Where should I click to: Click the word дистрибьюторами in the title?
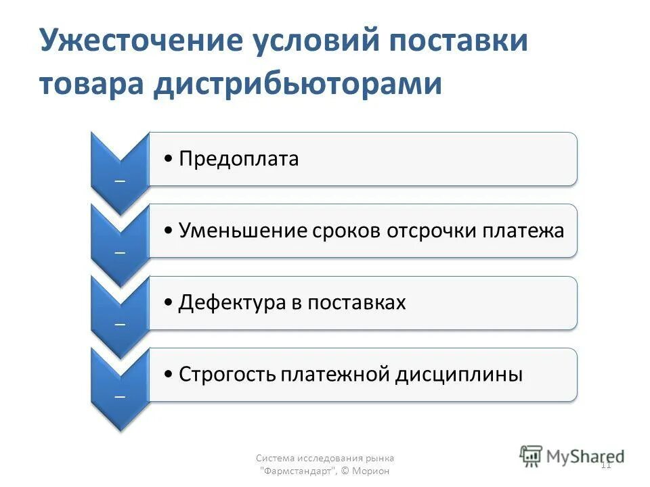coord(297,84)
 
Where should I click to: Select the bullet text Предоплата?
coord(238,159)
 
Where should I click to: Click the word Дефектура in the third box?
coord(232,302)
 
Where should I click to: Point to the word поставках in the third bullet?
coord(356,302)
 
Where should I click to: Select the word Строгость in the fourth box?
coord(227,374)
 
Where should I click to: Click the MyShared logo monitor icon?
coord(531,456)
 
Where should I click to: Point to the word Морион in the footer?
coord(374,471)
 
